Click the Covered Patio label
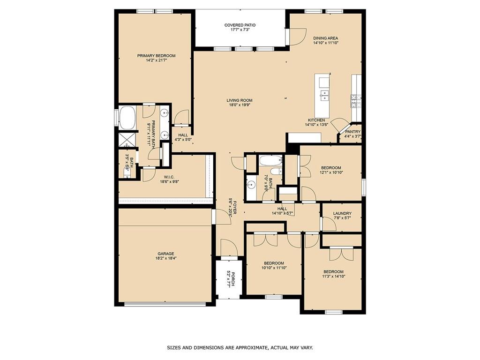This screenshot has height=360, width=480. (x=240, y=25)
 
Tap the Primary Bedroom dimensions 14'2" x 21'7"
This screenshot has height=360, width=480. (x=156, y=60)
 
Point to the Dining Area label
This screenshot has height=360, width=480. (x=325, y=38)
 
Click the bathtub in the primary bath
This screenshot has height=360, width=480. (x=127, y=118)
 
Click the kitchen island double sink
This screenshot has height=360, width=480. (x=324, y=96)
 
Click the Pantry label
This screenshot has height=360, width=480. (x=352, y=132)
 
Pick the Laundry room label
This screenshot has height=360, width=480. (x=342, y=214)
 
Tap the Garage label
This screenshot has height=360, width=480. (x=165, y=254)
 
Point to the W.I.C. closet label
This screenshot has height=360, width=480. (x=169, y=177)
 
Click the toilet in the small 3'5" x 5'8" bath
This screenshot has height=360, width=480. (x=127, y=172)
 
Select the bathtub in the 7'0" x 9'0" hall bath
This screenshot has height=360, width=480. (x=270, y=160)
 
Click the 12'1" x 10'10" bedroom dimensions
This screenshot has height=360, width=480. (x=331, y=172)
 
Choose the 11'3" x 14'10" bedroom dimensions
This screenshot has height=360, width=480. (x=333, y=276)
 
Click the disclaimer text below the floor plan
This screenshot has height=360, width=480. (x=240, y=348)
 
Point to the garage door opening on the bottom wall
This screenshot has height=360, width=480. (x=165, y=304)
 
